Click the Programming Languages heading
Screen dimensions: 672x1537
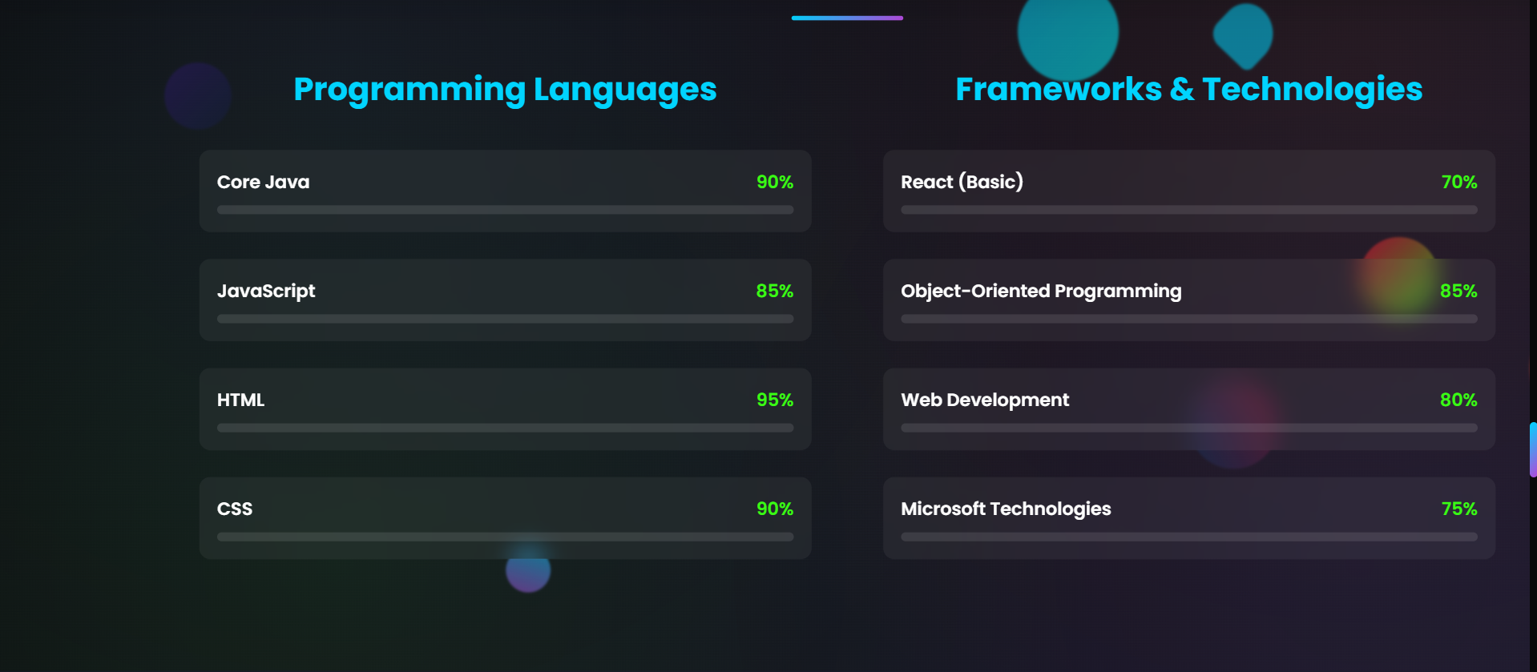click(x=505, y=89)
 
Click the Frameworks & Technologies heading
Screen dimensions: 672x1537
click(x=1188, y=89)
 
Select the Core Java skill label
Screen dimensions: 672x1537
click(x=263, y=182)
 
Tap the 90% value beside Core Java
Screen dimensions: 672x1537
click(x=774, y=182)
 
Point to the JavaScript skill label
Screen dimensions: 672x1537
click(x=266, y=291)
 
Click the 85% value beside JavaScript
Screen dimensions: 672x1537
click(x=774, y=291)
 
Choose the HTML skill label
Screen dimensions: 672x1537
click(x=240, y=400)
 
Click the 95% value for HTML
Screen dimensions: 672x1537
click(x=774, y=400)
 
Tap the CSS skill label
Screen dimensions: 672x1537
click(x=235, y=509)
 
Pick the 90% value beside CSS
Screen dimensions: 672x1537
click(x=774, y=509)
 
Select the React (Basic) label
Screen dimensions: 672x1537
click(x=962, y=182)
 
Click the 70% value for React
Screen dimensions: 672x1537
click(x=1458, y=182)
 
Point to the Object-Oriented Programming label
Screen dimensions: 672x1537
click(x=1041, y=291)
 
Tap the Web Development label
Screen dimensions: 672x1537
click(x=985, y=400)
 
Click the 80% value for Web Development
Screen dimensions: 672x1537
click(x=1458, y=400)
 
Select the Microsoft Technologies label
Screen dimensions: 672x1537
click(x=1006, y=509)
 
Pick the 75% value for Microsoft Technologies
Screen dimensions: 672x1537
click(x=1458, y=509)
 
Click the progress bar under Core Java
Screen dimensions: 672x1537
click(x=505, y=210)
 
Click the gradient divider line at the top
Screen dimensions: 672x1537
click(x=847, y=18)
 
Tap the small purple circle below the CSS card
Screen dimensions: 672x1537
click(x=528, y=570)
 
